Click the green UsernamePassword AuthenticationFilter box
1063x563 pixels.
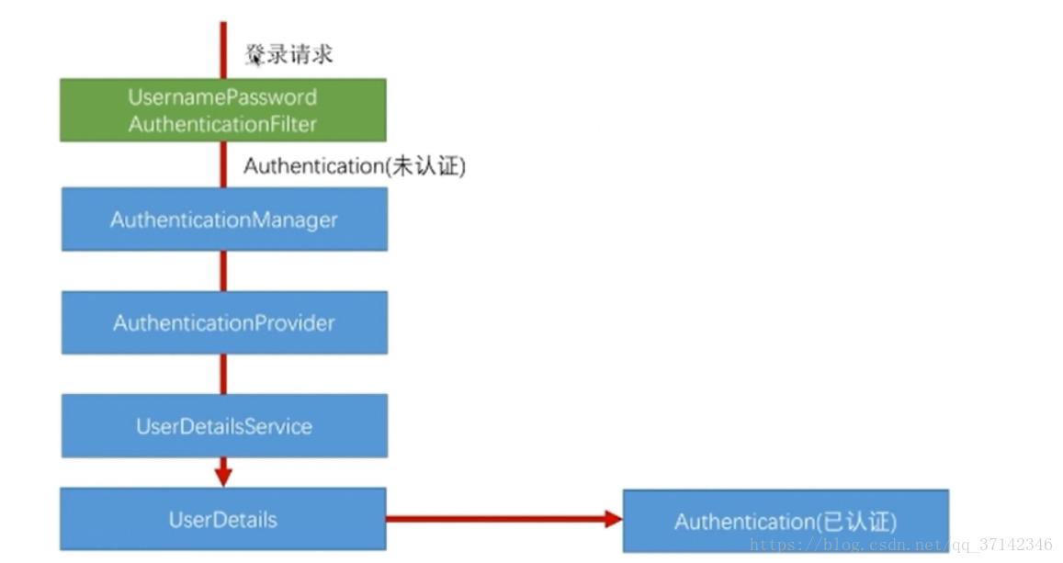(222, 110)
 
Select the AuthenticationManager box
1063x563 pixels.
(224, 220)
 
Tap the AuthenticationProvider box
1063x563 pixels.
(224, 322)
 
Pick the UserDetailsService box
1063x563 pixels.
(224, 426)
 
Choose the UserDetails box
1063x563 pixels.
(222, 519)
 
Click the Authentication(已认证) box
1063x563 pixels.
(785, 521)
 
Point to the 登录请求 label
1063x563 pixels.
(288, 54)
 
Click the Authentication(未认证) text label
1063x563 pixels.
(354, 166)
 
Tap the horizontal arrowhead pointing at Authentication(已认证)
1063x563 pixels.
(613, 519)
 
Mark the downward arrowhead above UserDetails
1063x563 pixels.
(222, 477)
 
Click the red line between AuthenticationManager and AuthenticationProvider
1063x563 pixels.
(222, 271)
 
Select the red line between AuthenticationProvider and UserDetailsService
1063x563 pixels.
(222, 374)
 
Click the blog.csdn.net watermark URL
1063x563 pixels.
(900, 545)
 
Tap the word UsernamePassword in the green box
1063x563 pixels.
(222, 97)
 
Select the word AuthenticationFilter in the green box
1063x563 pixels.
(222, 124)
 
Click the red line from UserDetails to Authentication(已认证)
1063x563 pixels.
(496, 519)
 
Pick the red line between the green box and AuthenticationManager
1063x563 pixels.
(222, 165)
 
